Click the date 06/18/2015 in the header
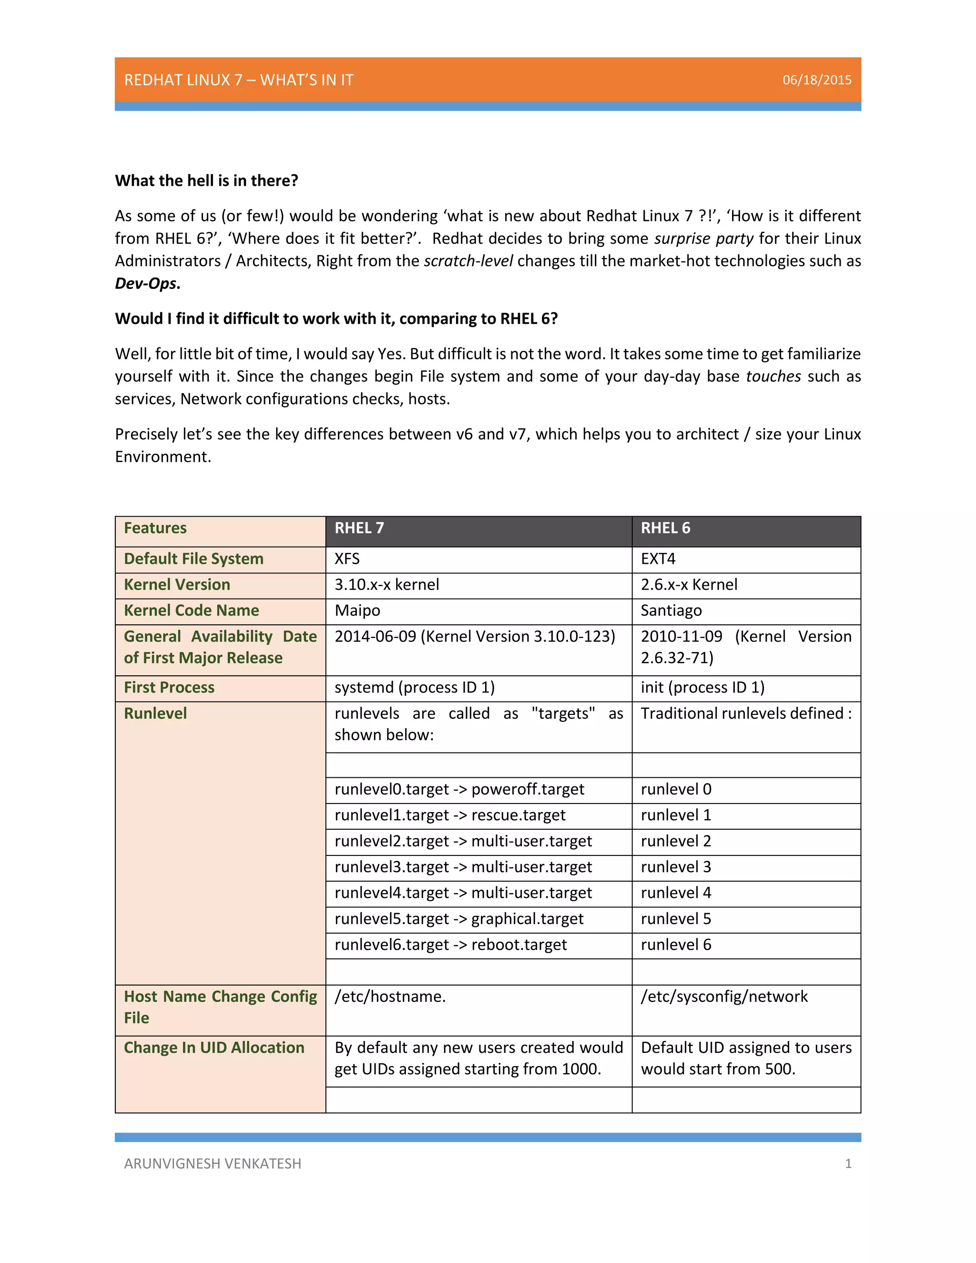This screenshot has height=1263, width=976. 816,80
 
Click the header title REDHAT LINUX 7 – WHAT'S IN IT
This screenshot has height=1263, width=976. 239,80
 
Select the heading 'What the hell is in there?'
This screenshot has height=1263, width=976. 206,181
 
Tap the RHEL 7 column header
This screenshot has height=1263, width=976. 359,528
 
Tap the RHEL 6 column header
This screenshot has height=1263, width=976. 665,528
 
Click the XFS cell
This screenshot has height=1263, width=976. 347,559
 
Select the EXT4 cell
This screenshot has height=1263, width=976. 658,559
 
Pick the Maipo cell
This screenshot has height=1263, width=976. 357,611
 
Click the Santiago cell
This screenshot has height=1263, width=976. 671,611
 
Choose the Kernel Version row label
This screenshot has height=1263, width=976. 177,585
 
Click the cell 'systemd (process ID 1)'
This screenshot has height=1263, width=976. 415,688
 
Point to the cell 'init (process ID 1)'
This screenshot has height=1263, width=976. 702,688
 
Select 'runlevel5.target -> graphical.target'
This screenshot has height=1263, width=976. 459,919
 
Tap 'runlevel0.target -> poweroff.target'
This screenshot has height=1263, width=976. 459,789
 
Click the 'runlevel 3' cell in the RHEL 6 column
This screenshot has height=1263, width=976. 676,867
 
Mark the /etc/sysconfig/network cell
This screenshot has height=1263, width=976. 724,997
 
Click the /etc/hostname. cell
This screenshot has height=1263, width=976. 390,997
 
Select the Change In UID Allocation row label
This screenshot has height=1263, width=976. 214,1048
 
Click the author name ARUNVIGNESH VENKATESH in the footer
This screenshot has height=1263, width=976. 212,1163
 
